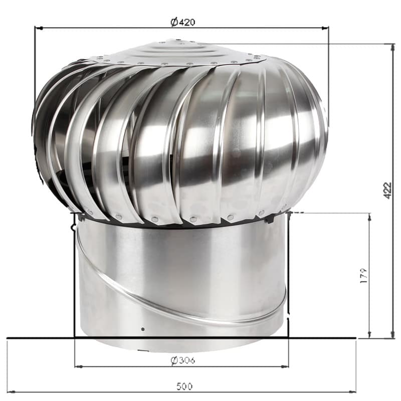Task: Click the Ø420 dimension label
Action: (182, 22)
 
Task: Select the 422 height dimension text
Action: (387, 190)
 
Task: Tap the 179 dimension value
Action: (363, 275)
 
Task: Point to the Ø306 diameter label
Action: (182, 360)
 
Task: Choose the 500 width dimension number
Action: (184, 386)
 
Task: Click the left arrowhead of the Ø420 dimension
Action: (39, 28)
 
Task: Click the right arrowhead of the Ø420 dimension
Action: (325, 28)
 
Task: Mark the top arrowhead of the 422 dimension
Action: (393, 48)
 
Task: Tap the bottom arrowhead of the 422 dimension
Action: (393, 334)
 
